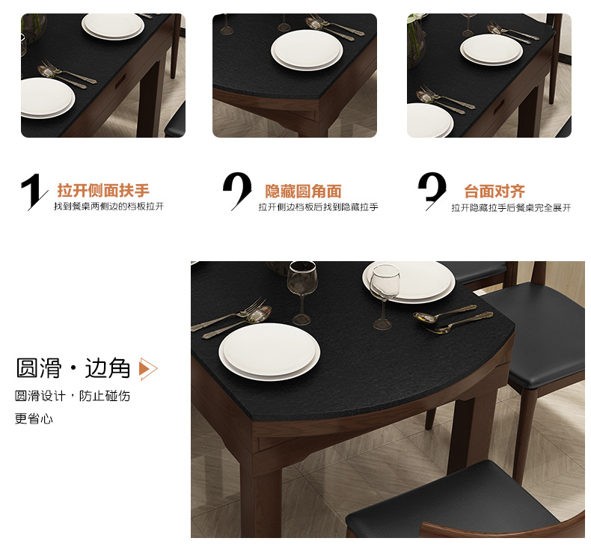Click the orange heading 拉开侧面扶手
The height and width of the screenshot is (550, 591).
click(x=103, y=190)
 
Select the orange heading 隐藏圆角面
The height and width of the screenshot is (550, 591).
click(x=303, y=192)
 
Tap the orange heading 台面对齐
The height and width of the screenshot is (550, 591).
click(x=494, y=192)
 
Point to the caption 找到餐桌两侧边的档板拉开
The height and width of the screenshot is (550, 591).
click(x=108, y=207)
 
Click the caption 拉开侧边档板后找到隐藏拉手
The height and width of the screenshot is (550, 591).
click(x=318, y=207)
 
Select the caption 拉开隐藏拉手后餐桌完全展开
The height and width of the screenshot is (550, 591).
click(x=511, y=208)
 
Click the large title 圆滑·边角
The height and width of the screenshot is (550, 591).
click(x=73, y=368)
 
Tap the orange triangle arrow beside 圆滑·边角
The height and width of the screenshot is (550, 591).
click(x=148, y=369)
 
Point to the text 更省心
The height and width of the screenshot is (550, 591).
click(x=34, y=418)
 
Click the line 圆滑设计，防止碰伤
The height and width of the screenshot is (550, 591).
click(x=73, y=396)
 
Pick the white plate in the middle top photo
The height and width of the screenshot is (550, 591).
click(x=307, y=50)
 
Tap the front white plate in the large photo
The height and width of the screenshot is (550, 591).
click(x=269, y=352)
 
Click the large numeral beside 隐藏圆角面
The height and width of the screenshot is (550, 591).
click(x=237, y=190)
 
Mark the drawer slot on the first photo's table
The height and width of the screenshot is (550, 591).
click(x=120, y=80)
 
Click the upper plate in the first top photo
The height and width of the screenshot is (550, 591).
click(x=113, y=26)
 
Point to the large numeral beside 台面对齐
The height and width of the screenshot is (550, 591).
click(x=432, y=190)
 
